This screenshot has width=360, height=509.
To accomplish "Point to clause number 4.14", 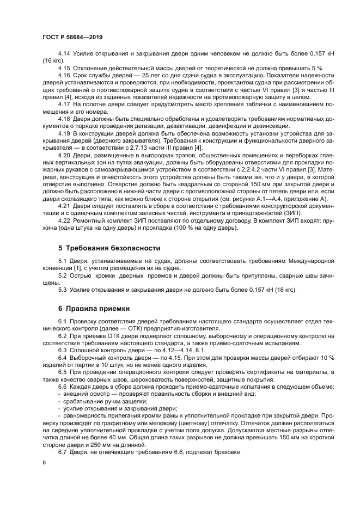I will tap(64, 55).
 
